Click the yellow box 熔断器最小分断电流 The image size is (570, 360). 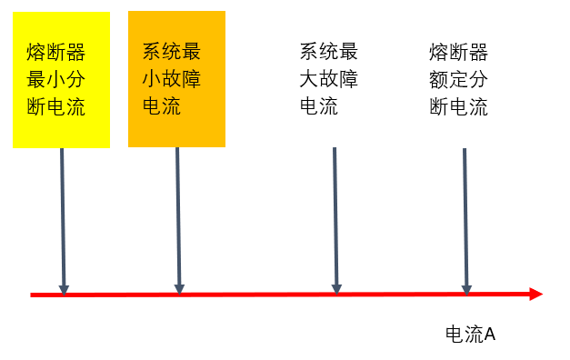[61, 80]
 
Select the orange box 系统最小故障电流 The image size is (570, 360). [176, 78]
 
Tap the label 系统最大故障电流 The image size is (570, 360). [329, 79]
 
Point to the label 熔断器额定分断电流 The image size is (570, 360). [458, 79]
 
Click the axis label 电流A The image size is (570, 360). [470, 334]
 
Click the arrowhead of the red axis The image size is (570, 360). [535, 294]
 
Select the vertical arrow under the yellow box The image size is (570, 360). [62, 218]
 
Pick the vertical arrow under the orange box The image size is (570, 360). [178, 218]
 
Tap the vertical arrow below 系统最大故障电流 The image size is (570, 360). [335, 218]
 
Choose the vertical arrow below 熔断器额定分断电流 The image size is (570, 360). [465, 218]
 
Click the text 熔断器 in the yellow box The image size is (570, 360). [55, 51]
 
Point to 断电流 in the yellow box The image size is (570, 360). [55, 107]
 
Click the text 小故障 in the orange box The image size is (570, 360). [171, 78]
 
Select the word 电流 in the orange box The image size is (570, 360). [162, 105]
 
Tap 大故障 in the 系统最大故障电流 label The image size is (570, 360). [329, 79]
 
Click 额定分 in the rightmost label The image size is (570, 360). [458, 79]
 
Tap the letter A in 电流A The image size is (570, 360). [489, 334]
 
